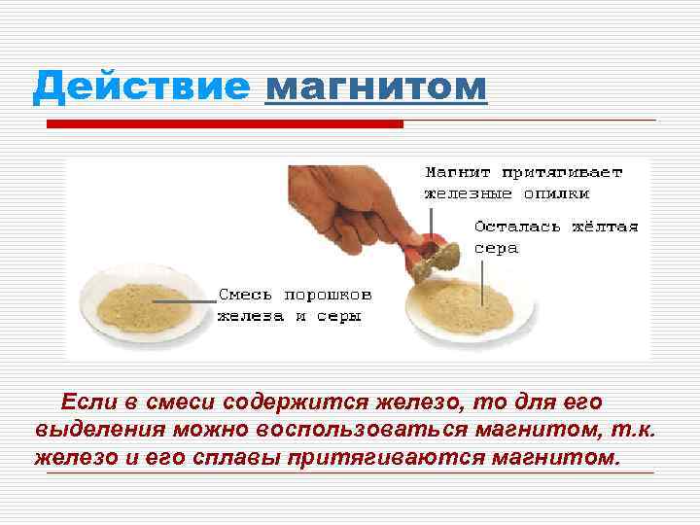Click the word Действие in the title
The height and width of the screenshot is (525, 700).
[x=141, y=88]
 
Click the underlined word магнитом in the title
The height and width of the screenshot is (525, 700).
[x=375, y=88]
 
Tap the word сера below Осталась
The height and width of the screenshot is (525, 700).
[x=496, y=248]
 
